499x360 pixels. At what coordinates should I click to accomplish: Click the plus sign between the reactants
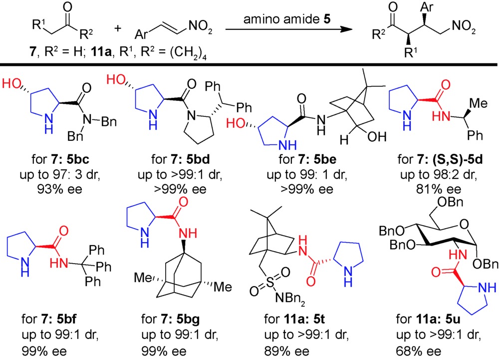coord(118,28)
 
